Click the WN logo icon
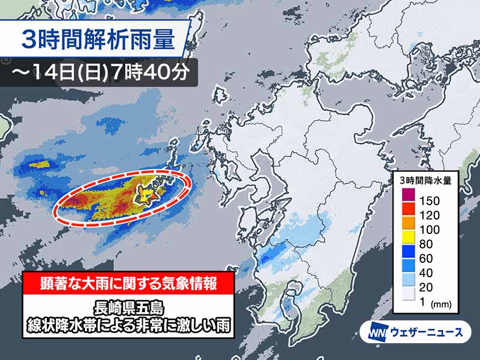(x=374, y=331)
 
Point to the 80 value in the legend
(x=427, y=244)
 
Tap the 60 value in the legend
(x=427, y=259)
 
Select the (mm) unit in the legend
(x=444, y=304)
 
